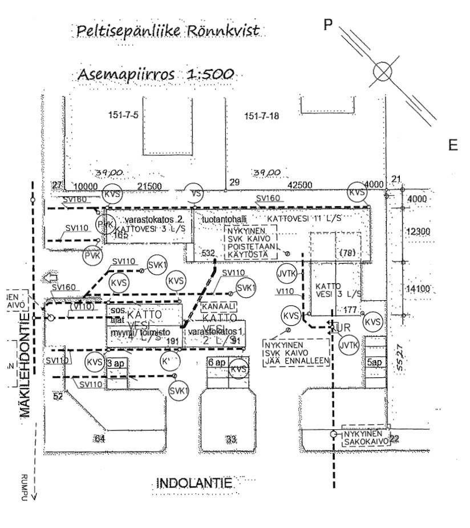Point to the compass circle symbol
[382, 71]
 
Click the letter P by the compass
[327, 25]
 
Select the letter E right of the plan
[453, 146]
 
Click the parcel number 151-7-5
[123, 116]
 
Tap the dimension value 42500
[300, 185]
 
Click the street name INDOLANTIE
[195, 484]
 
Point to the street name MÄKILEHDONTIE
[25, 365]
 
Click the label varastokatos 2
[136, 220]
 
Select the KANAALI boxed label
[217, 307]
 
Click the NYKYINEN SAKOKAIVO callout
[365, 437]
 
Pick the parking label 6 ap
[217, 362]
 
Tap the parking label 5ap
[375, 363]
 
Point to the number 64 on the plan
[100, 438]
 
